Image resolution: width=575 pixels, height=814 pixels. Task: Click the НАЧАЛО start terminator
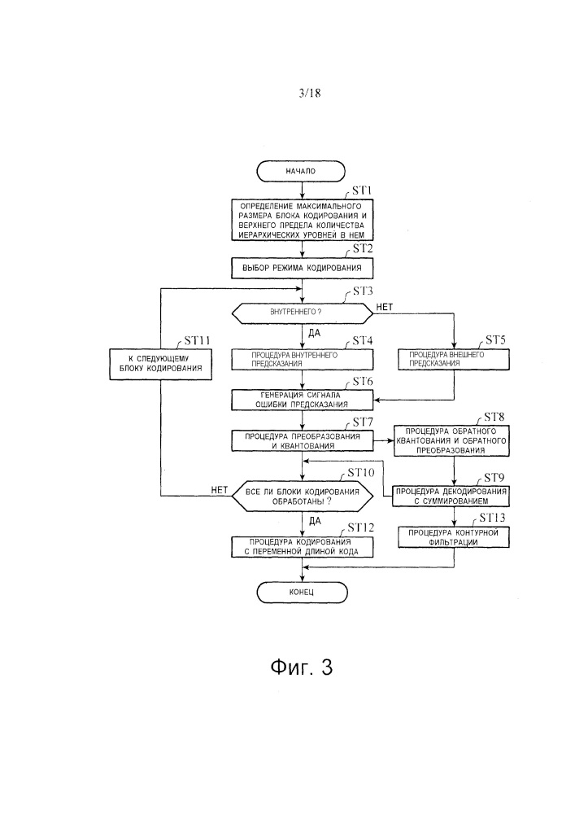pos(302,172)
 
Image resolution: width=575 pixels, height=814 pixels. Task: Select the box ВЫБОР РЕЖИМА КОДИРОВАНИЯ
pos(302,267)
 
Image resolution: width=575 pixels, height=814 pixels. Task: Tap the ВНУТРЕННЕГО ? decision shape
pos(302,312)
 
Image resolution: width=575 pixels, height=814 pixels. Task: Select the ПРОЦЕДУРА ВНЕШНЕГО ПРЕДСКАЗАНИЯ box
pos(453,360)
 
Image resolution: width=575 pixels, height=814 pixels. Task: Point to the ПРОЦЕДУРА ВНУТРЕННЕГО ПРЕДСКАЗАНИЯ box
pos(302,360)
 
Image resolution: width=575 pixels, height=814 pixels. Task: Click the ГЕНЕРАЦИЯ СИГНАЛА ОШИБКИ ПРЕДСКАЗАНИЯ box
pos(302,400)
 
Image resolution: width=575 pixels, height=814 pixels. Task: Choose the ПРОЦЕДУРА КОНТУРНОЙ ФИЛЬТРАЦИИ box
pos(453,536)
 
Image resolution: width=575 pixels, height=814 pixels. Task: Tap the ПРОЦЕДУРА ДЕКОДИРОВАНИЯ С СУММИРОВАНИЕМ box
pos(453,495)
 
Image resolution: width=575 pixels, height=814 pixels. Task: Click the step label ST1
pos(360,191)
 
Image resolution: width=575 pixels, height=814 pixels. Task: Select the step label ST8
pos(494,417)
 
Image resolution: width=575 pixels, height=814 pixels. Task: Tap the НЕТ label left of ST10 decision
pos(218,490)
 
